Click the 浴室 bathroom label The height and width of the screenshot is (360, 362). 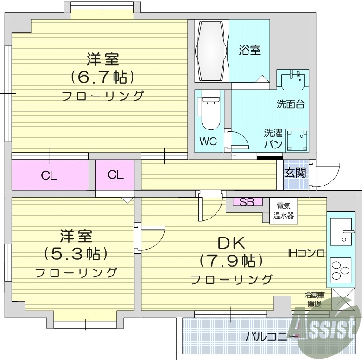tap(249, 51)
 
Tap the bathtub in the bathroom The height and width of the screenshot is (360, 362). tap(211, 51)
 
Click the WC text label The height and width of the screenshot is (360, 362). tap(208, 141)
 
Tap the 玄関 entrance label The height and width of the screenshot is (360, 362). tap(295, 173)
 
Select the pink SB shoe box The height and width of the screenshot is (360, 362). tap(247, 202)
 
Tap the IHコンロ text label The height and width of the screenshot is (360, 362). tap(306, 253)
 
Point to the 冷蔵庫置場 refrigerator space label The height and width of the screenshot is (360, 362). tap(314, 299)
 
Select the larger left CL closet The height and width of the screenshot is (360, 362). tap(49, 175)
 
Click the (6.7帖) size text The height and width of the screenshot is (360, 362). tap(102, 77)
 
